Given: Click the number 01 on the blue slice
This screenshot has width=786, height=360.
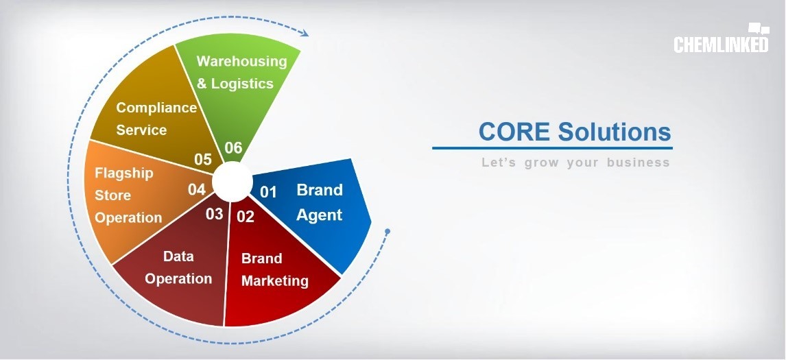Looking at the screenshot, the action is click(268, 192).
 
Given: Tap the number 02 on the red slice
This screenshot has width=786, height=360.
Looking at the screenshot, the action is click(246, 217).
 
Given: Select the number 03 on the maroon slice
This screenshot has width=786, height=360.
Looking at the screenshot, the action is click(214, 214).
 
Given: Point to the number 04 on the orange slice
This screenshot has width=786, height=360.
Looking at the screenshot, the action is click(197, 189).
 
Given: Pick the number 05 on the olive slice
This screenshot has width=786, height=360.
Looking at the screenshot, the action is click(203, 160).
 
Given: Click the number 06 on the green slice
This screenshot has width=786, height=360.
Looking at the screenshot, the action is click(234, 148).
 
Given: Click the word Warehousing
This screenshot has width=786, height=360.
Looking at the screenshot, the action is click(241, 61).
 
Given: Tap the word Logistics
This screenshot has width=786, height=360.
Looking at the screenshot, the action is click(242, 83).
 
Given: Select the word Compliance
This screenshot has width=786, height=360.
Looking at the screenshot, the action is click(156, 108).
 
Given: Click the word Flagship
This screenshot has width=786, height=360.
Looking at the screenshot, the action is click(124, 174).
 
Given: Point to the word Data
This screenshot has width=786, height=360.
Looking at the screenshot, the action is click(178, 256).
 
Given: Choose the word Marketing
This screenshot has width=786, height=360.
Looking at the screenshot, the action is click(275, 280).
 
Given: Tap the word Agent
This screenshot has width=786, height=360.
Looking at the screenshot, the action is click(319, 215).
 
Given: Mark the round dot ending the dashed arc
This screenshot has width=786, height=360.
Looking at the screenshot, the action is click(387, 231).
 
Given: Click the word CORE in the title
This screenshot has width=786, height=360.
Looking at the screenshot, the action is click(515, 132).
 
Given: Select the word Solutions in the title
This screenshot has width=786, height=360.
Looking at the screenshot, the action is click(614, 132).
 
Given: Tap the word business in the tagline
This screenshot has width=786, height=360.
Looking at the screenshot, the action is click(638, 163).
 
